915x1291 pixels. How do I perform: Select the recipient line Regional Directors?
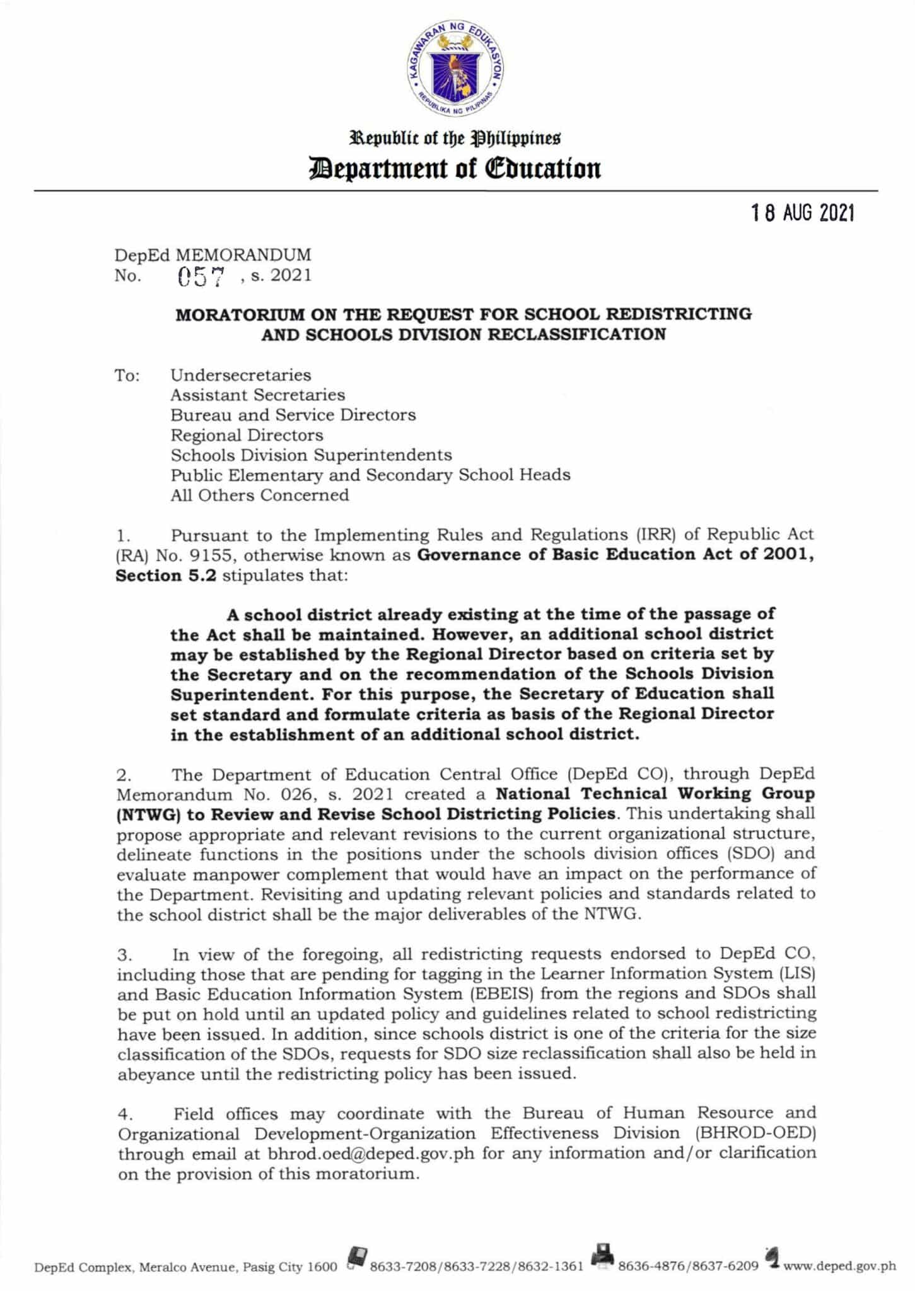click(x=247, y=436)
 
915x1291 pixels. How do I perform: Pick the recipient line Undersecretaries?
click(x=240, y=375)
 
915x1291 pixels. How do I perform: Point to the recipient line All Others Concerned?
click(x=259, y=495)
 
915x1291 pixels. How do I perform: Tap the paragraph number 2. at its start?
click(x=124, y=775)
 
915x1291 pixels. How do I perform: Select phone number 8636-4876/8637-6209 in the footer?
click(x=688, y=1266)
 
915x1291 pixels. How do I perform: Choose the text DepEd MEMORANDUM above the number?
click(x=213, y=255)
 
